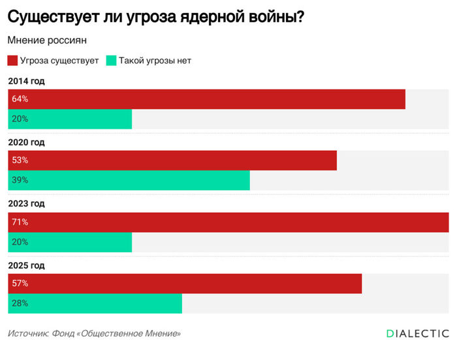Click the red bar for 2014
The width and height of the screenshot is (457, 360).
pyautogui.click(x=206, y=99)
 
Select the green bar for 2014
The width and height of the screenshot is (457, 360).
pyautogui.click(x=70, y=119)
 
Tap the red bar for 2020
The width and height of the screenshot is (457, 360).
pyautogui.click(x=172, y=161)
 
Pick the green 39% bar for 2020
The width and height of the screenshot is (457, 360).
pyautogui.click(x=129, y=180)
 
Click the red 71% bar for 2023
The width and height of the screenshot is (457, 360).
pyautogui.click(x=228, y=222)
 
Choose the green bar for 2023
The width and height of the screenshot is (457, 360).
pyautogui.click(x=70, y=242)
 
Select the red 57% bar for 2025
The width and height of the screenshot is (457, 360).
pyautogui.click(x=185, y=284)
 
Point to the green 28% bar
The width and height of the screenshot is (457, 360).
pyautogui.click(x=95, y=303)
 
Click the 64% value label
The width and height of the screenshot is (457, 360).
pyautogui.click(x=20, y=99)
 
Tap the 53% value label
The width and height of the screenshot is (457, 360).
pyautogui.click(x=20, y=161)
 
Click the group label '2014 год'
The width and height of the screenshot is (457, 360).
pyautogui.click(x=27, y=81)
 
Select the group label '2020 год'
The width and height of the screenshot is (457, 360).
pyautogui.click(x=27, y=142)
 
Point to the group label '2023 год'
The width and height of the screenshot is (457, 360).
pyautogui.click(x=27, y=204)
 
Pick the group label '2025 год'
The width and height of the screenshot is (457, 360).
pyautogui.click(x=27, y=265)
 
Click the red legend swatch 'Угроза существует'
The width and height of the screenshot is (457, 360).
pyautogui.click(x=12, y=61)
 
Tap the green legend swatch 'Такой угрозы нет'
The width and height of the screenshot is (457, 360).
pyautogui.click(x=111, y=61)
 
